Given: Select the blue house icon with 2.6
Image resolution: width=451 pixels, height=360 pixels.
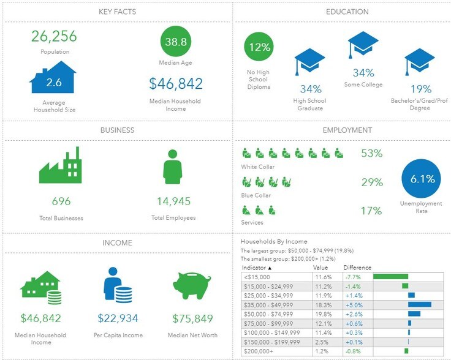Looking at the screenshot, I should [53, 78].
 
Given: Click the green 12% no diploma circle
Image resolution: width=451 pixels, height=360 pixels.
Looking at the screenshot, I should [259, 47].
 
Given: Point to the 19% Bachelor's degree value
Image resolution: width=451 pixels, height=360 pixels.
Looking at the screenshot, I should [420, 89].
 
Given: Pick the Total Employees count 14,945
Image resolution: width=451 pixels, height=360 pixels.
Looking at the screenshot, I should [173, 201].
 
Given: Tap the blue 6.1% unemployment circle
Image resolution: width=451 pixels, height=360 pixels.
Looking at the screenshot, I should [422, 179].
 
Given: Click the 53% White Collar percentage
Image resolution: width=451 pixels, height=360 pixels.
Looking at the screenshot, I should [371, 153].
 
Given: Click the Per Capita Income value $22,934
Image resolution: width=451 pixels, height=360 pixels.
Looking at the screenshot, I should [118, 318].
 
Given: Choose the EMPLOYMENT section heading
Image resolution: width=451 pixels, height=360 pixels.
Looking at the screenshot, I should [347, 130].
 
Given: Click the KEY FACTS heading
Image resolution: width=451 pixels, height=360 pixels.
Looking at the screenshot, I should [117, 12].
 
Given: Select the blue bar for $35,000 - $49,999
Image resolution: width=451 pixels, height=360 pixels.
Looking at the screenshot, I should [420, 304].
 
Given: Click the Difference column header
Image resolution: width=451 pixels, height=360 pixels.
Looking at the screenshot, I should [357, 268].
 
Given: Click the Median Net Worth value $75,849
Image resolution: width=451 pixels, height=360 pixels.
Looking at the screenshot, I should [191, 318].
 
